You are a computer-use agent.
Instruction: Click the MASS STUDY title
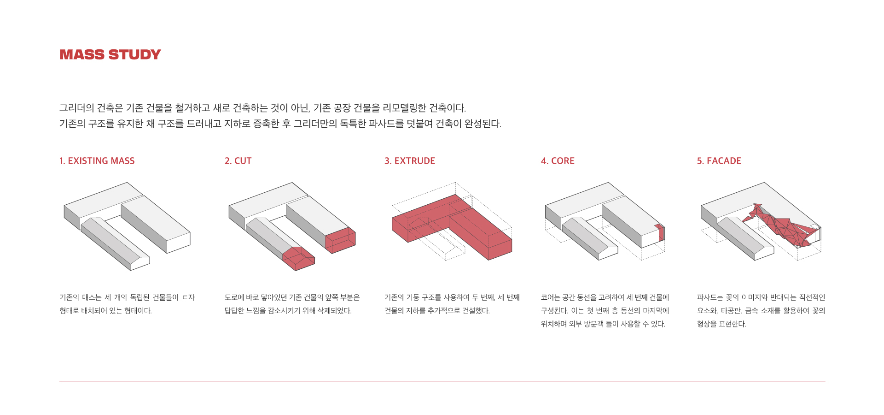click(x=110, y=54)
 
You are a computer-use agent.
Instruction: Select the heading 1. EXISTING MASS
click(x=97, y=161)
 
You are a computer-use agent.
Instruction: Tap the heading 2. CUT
click(x=238, y=161)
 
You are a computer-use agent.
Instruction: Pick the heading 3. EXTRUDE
click(x=410, y=161)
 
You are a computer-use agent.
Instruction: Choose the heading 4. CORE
click(x=558, y=161)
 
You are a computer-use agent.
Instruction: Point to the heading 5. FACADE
click(x=719, y=161)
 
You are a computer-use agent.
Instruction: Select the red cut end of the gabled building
click(x=298, y=258)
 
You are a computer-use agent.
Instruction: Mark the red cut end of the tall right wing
click(x=341, y=240)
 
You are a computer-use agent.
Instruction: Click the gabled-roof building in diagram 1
click(x=115, y=243)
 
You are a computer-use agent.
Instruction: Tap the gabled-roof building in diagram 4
click(x=590, y=238)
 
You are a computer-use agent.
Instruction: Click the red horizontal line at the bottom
click(x=442, y=382)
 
